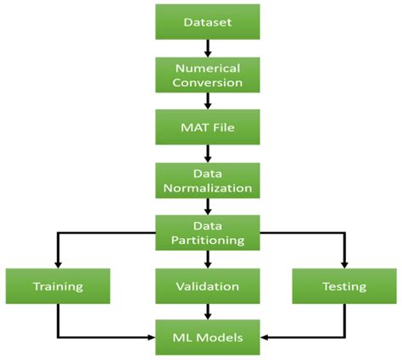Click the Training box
tap(57, 285)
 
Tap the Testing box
tap(343, 285)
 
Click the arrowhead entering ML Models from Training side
tap(152, 338)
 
